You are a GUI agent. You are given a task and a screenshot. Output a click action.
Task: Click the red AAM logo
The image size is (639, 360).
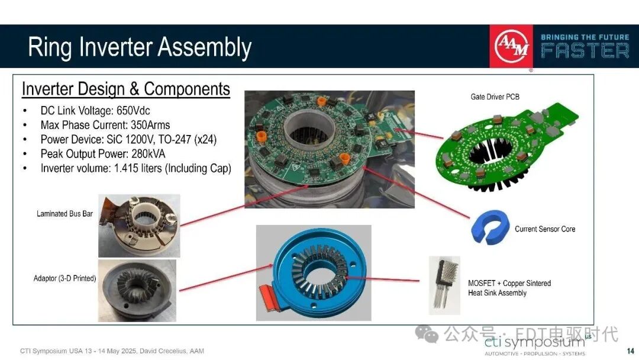click(x=511, y=46)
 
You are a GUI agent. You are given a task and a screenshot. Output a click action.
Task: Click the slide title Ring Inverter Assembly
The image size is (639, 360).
click(x=140, y=47)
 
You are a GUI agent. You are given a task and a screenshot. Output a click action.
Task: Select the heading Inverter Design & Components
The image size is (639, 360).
click(x=126, y=89)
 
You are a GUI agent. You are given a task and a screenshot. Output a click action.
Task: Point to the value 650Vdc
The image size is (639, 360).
click(x=133, y=111)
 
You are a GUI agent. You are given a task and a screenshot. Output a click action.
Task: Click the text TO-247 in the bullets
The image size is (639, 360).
click(x=175, y=139)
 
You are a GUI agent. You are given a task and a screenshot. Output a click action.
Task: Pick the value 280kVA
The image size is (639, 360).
click(x=149, y=154)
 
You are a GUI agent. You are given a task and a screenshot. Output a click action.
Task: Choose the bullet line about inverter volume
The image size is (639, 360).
click(x=135, y=168)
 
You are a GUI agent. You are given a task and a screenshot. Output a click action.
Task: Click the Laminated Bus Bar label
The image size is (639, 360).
click(x=65, y=214)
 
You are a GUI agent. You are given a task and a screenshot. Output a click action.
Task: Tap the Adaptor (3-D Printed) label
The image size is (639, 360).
click(x=65, y=278)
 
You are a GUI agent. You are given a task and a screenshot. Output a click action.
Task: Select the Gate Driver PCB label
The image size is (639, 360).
click(x=495, y=97)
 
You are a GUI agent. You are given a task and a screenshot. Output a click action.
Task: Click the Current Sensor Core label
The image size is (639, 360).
click(x=546, y=229)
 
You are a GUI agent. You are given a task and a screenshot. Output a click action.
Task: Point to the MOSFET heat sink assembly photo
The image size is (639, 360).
click(x=444, y=285)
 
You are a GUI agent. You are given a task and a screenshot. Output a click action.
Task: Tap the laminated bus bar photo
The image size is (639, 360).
click(x=140, y=226)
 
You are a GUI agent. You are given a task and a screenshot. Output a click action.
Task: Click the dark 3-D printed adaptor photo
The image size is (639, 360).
click(x=137, y=291)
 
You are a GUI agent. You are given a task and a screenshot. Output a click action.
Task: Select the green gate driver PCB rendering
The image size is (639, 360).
click(x=508, y=147)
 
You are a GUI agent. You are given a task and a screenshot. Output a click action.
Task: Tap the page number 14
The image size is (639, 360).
click(x=631, y=351)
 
